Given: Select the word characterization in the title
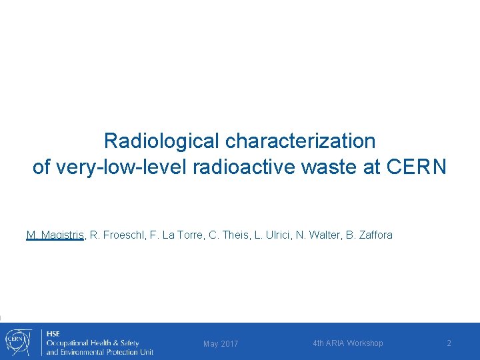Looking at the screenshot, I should [301, 141].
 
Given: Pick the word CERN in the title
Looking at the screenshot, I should [416, 167].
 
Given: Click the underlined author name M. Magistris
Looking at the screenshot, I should [55, 235].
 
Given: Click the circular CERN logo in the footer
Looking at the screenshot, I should [17, 341].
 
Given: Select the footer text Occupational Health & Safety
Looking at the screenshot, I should [92, 343].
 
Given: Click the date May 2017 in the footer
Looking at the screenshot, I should [221, 344].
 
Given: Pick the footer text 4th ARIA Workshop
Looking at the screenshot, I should [348, 343].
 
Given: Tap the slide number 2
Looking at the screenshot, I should [449, 343].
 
